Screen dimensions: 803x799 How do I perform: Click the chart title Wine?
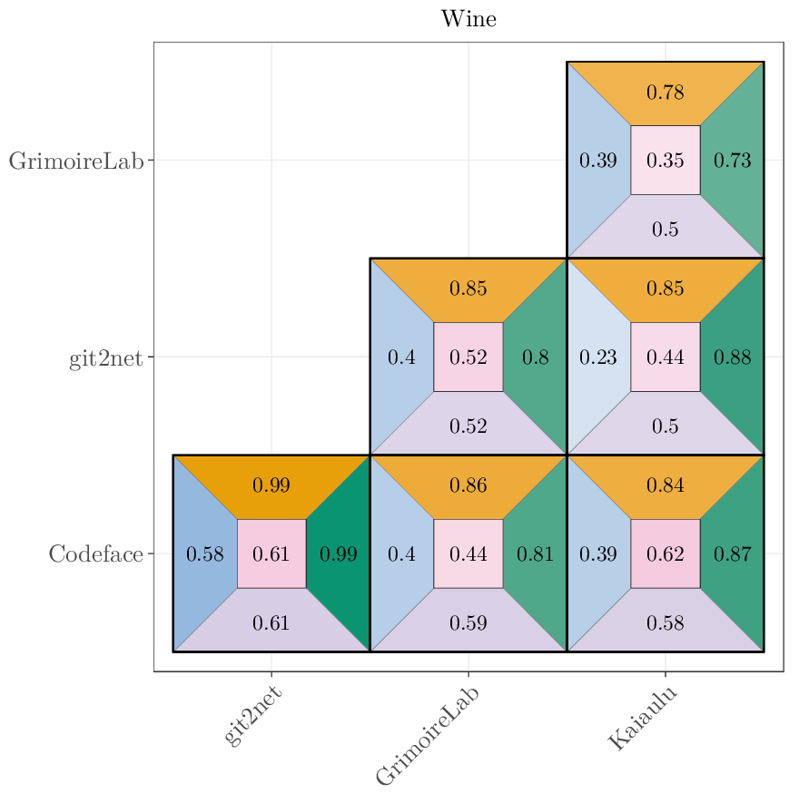click(469, 19)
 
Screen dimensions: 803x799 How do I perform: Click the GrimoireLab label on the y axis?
click(76, 161)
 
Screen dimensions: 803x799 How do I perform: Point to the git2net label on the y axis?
click(105, 357)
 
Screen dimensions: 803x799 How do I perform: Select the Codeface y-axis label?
click(95, 553)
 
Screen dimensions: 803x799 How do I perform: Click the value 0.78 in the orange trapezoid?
click(665, 93)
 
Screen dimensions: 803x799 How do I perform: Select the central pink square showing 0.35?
click(665, 161)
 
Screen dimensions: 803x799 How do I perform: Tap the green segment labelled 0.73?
click(732, 161)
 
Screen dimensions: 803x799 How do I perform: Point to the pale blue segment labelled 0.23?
click(598, 357)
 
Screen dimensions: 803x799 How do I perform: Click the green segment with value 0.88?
click(732, 357)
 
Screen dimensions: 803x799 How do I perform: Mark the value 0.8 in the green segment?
click(536, 357)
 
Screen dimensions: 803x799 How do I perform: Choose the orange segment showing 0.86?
click(469, 485)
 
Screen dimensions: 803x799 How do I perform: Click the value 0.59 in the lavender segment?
click(469, 623)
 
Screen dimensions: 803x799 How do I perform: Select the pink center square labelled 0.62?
click(665, 553)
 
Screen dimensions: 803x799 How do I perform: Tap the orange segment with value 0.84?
click(665, 485)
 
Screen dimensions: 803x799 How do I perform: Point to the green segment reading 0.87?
click(732, 553)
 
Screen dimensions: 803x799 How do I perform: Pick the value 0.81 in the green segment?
click(536, 553)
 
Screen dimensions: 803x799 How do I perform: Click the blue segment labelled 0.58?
click(204, 553)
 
